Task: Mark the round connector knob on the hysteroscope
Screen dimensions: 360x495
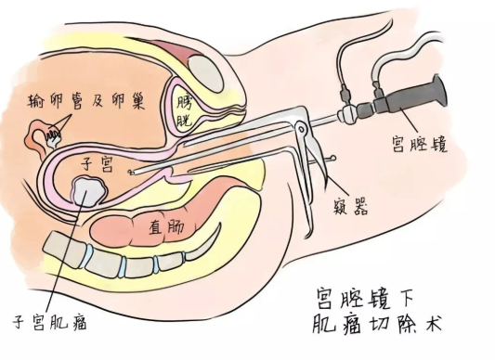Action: click(347, 114)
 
